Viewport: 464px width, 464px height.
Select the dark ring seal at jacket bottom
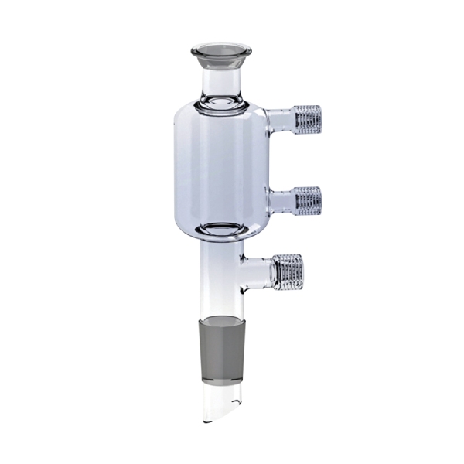222,229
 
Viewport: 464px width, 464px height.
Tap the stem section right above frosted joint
223,305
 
